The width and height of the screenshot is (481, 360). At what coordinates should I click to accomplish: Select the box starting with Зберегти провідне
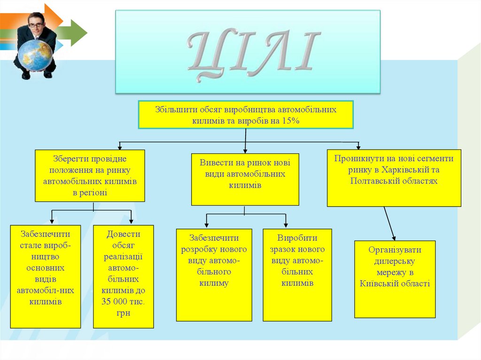click(90, 176)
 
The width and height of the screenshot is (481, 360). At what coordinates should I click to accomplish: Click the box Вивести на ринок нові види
click(245, 179)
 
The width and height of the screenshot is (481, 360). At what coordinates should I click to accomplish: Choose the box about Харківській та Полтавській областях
click(394, 177)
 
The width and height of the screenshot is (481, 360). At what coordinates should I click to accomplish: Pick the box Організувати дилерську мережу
click(395, 279)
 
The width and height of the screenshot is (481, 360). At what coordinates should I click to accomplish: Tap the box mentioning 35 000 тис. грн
click(123, 276)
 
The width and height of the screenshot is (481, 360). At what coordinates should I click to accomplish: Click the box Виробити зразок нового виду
click(297, 274)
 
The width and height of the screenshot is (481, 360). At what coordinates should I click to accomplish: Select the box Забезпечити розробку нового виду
click(214, 274)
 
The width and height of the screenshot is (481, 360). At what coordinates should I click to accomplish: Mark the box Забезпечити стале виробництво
click(46, 276)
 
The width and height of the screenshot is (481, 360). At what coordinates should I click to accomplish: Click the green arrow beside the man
click(75, 32)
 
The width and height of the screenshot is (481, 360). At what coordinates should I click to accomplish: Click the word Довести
click(123, 234)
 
